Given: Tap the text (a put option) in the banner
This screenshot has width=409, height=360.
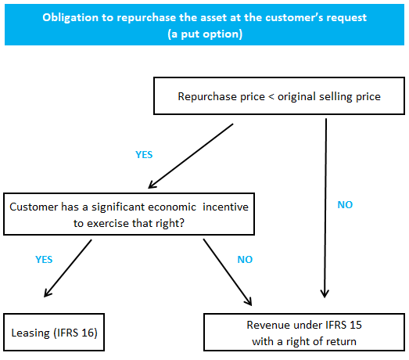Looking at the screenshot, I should click(205, 34).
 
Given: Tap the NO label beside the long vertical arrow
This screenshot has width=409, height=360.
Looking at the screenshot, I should click(344, 204).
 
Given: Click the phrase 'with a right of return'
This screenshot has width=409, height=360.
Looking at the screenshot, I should click(305, 340).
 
